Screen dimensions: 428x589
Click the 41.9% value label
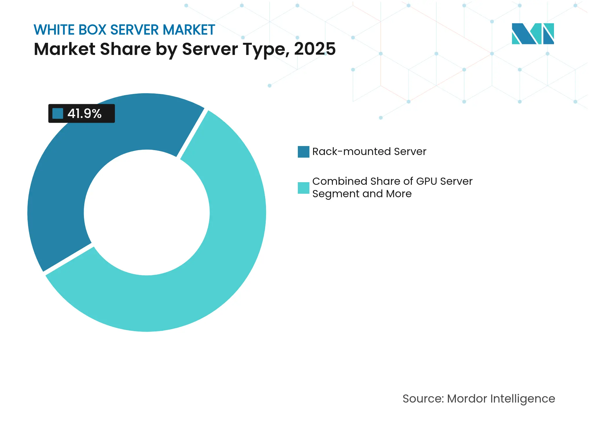tap(84, 113)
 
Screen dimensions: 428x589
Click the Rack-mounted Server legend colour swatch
tap(303, 152)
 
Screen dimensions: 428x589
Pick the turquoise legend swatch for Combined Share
tap(303, 188)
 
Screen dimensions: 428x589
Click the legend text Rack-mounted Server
tap(369, 152)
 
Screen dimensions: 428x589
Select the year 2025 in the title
tap(315, 49)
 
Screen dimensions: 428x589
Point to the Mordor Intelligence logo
tap(533, 34)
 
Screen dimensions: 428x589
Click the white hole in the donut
tap(147, 213)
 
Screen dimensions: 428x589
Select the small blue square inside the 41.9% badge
tap(58, 113)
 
